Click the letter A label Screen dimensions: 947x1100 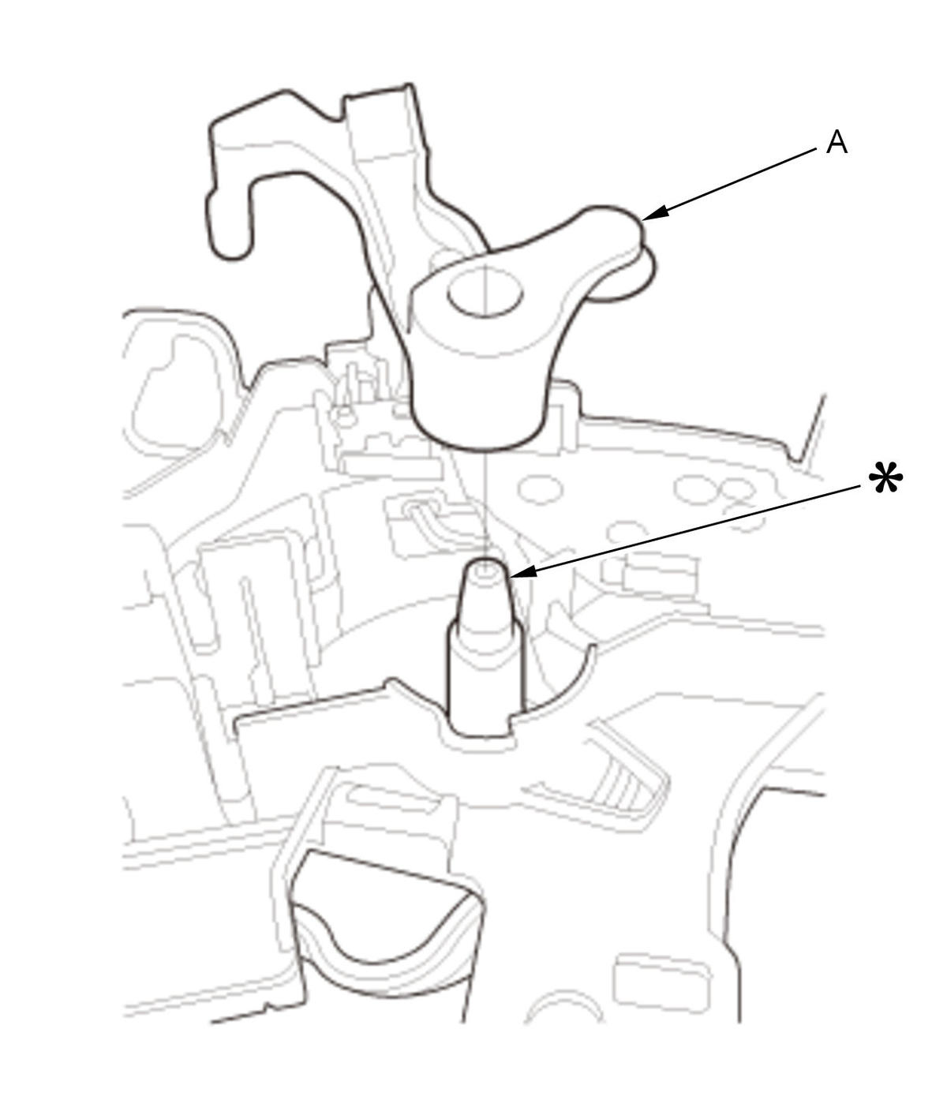tap(837, 142)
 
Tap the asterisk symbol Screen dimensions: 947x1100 tap(885, 478)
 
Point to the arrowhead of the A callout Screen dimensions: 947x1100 tap(654, 213)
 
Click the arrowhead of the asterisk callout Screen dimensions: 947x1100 tap(522, 573)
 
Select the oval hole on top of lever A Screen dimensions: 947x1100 tap(485, 292)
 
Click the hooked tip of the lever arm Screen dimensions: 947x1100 tap(228, 234)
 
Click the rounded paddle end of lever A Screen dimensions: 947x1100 tap(617, 250)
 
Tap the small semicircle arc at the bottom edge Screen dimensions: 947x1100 tap(564, 1006)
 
